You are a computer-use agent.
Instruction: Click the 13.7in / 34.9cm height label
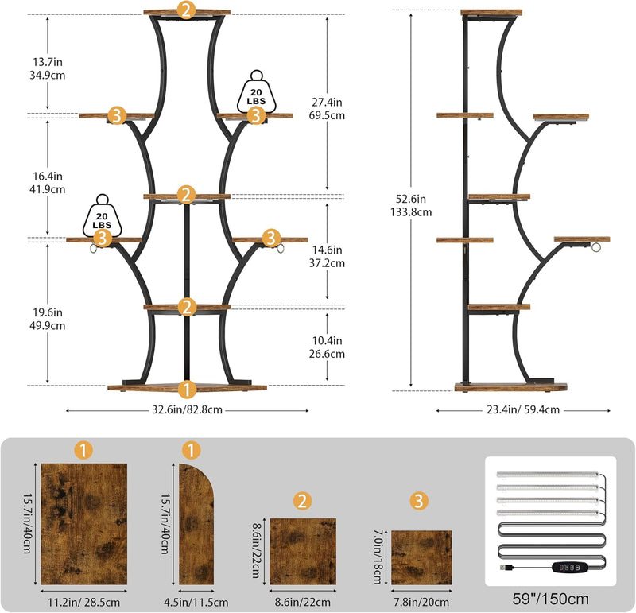tap(48, 68)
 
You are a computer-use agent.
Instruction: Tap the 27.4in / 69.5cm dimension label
tap(327, 109)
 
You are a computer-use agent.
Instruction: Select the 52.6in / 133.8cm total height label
tap(411, 205)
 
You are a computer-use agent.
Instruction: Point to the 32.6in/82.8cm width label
tap(187, 409)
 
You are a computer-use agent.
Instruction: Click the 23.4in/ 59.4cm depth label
tap(523, 409)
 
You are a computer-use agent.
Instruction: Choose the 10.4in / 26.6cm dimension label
tap(327, 347)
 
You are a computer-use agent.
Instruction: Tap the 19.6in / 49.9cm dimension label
tap(48, 319)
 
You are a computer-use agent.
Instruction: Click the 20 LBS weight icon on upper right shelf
tap(256, 92)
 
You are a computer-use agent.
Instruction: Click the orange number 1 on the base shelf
tap(187, 390)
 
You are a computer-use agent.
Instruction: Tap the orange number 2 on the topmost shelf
tap(186, 10)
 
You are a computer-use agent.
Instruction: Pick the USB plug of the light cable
tap(506, 567)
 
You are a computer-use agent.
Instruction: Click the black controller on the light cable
tap(569, 567)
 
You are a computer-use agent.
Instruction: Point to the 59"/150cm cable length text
tap(550, 599)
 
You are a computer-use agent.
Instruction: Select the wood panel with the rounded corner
tap(196, 524)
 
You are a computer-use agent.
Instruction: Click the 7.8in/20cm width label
tap(421, 602)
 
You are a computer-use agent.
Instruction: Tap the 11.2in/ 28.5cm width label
tap(84, 602)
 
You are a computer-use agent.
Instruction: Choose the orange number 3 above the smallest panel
tap(419, 501)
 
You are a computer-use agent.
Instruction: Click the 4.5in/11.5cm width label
tap(196, 602)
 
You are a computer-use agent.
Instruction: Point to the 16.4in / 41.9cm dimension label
tap(48, 183)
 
